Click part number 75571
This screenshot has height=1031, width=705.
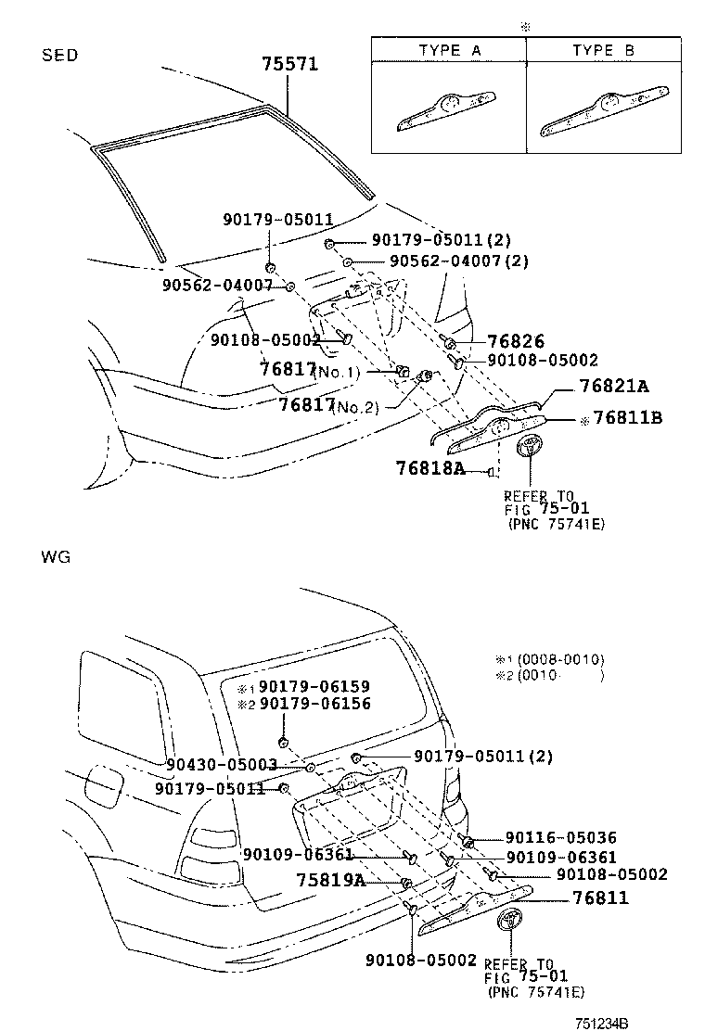[x=289, y=64]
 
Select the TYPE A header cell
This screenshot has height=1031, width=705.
[x=449, y=50]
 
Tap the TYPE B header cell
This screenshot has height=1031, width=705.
[x=604, y=50]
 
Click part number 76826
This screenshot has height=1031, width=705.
[x=516, y=341]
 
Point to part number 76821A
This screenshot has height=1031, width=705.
[x=613, y=386]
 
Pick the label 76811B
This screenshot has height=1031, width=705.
[x=627, y=417]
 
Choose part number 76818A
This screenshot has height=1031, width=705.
[x=430, y=468]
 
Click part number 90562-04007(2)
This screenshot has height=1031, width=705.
[x=459, y=261]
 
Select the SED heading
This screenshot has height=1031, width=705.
[x=60, y=56]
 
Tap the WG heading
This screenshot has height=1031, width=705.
[x=56, y=557]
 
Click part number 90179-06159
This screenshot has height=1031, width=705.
[x=314, y=686]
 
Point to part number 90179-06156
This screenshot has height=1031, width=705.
[x=315, y=704]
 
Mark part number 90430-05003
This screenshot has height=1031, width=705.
[x=222, y=765]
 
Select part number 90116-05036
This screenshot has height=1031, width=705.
[x=561, y=838]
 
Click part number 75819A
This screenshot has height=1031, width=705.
[x=331, y=880]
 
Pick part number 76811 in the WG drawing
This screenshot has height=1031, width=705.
[x=600, y=897]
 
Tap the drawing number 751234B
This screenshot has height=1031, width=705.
[x=602, y=1023]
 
